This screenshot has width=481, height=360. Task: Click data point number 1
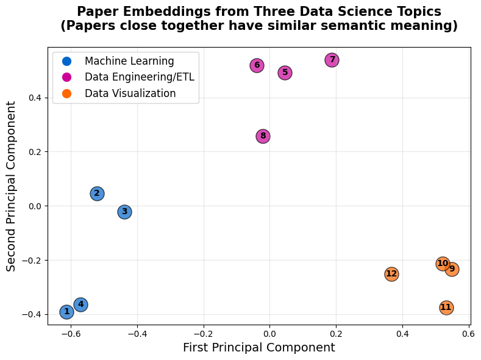66,312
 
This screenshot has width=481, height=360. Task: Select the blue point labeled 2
97,193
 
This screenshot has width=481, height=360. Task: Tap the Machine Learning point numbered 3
124,212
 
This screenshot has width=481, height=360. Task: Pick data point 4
80,304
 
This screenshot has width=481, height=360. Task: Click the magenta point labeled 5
285,73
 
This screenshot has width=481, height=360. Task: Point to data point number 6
257,65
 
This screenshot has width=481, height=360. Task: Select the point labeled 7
332,60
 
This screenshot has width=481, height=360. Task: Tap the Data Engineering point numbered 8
263,136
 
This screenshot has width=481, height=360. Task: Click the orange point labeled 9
452,269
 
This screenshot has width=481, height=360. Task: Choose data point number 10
443,264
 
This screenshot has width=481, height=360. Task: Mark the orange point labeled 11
446,308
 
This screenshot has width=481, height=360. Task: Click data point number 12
391,274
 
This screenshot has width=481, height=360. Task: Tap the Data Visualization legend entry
130,93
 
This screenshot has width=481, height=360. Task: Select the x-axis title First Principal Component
258,348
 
